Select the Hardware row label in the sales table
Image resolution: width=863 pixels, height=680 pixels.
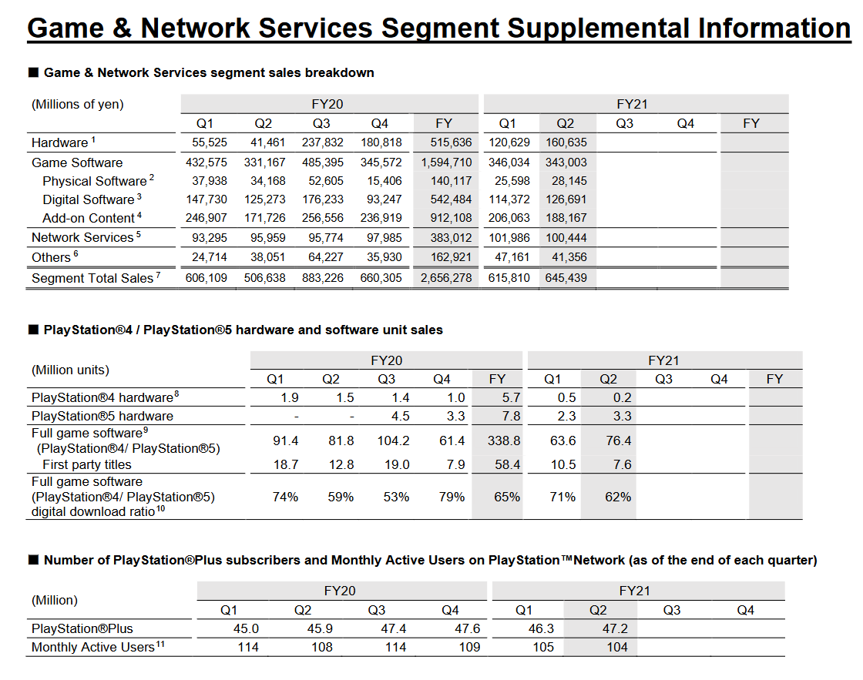click(x=60, y=142)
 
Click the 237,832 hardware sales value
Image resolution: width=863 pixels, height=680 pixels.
click(x=322, y=142)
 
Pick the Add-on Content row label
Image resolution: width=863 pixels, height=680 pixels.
click(x=88, y=218)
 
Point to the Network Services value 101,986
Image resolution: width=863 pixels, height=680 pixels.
click(x=509, y=237)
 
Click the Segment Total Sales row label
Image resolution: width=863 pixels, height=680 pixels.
click(x=92, y=278)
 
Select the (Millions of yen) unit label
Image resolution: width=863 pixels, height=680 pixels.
click(x=78, y=104)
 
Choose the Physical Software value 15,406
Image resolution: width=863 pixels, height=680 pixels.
click(x=381, y=181)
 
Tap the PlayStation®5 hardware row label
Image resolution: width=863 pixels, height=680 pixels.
click(x=102, y=416)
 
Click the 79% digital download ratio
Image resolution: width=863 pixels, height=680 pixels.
click(x=452, y=497)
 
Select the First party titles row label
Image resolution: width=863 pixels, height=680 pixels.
click(x=87, y=464)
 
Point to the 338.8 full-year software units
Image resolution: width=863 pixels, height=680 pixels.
click(x=504, y=440)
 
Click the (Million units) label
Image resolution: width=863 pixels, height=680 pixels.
click(x=71, y=370)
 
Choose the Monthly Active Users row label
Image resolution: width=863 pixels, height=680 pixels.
click(x=93, y=648)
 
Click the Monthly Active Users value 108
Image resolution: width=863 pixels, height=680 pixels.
click(x=322, y=647)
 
